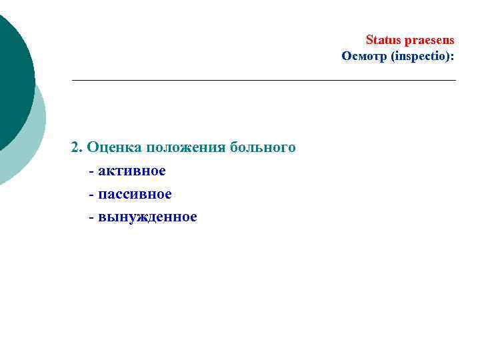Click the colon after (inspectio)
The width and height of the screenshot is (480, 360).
click(453, 57)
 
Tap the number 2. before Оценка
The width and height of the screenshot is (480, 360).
click(77, 147)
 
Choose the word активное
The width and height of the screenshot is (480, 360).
click(131, 171)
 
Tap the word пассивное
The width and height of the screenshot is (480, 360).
click(135, 194)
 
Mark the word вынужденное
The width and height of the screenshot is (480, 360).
click(147, 217)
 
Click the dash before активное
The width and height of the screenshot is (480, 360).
click(91, 171)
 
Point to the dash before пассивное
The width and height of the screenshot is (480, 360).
click(91, 195)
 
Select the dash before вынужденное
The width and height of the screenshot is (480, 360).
click(91, 217)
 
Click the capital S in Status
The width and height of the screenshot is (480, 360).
click(370, 40)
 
